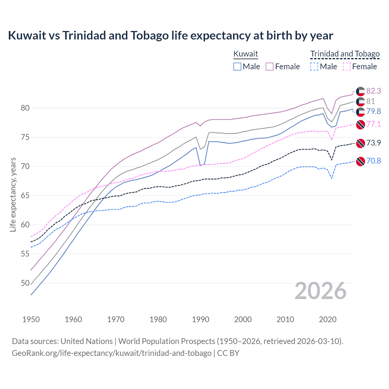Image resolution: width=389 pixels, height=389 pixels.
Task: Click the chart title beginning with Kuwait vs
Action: [x=170, y=36]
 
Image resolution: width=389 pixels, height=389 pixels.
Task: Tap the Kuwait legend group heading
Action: [x=246, y=54]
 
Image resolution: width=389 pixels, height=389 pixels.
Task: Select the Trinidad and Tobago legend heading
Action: [x=345, y=54]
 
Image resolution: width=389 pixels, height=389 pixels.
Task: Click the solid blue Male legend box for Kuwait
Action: [x=237, y=67]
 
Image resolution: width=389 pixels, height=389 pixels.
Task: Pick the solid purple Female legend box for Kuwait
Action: [x=270, y=67]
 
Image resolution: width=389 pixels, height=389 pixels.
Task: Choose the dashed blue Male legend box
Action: [x=314, y=67]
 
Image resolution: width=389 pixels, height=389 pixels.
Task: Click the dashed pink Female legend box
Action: [x=346, y=67]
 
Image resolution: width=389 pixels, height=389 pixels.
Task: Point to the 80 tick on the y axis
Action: [x=25, y=108]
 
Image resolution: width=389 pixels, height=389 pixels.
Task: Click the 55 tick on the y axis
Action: [x=25, y=254]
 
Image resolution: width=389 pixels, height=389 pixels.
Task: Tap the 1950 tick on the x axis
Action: [x=31, y=319]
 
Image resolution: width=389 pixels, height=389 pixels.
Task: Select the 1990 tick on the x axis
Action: [x=201, y=319]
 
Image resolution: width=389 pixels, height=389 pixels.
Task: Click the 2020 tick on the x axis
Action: [x=328, y=319]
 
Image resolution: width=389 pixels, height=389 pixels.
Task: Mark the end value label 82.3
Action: [x=374, y=91]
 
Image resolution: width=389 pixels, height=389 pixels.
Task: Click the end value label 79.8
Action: [x=374, y=112]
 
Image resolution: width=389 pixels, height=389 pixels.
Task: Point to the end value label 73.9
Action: [x=374, y=143]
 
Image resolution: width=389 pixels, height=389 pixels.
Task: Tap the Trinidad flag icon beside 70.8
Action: [x=360, y=161]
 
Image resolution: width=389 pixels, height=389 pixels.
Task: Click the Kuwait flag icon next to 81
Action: [x=360, y=102]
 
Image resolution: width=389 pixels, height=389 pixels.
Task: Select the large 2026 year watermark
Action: [x=321, y=291]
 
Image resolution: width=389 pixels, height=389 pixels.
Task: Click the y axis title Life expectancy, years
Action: [x=13, y=194]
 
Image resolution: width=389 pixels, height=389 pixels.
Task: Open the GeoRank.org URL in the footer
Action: [x=112, y=353]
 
